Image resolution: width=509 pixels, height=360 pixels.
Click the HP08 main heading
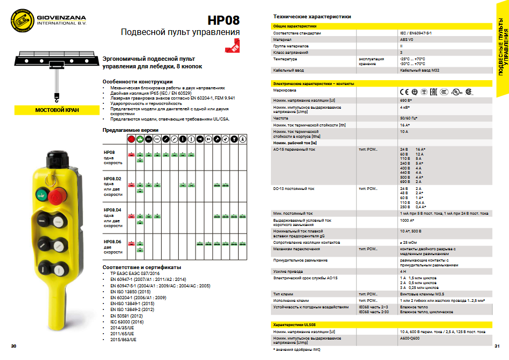pyautogui.click(x=224, y=20)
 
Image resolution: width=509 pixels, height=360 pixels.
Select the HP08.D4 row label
pyautogui.click(x=113, y=209)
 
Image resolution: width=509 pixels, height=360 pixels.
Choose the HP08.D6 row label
pyautogui.click(x=113, y=242)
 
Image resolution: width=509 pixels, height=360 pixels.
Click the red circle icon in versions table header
pyautogui.click(x=131, y=138)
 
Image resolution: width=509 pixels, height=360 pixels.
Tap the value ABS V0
pyautogui.click(x=407, y=39)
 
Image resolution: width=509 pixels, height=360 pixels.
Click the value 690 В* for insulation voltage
pyautogui.click(x=406, y=101)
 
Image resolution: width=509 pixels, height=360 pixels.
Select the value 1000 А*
pyautogui.click(x=407, y=220)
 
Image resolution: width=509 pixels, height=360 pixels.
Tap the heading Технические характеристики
pyautogui.click(x=312, y=17)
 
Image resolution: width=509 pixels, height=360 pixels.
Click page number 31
pyautogui.click(x=497, y=345)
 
